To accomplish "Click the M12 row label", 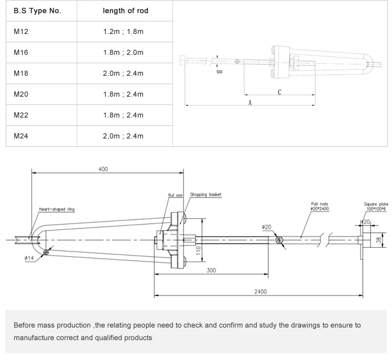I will coord(21,32).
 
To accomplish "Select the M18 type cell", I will coord(21,74).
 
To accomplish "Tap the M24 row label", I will coord(21,136).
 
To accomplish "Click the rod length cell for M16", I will coord(123,53).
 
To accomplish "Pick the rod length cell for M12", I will coord(123,32).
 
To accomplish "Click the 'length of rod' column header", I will coord(125,11).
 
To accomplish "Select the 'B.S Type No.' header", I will coord(37,11).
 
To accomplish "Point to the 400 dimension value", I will coord(103,169).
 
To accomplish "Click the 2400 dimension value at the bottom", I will coord(260,292).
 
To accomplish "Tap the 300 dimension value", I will coord(211,271).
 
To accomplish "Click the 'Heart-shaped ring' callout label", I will coord(57,210).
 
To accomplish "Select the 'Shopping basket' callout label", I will coord(205,194).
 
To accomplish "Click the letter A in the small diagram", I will coord(250,103).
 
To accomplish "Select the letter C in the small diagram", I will coord(280,92).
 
